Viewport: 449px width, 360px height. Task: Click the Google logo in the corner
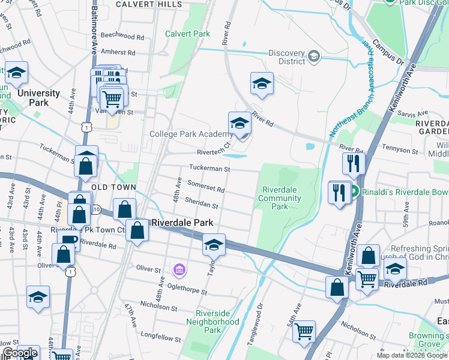pos(20,353)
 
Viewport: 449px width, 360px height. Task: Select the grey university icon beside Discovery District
pos(313,56)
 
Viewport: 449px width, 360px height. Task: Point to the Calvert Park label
pos(188,34)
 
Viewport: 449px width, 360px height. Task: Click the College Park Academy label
pos(190,134)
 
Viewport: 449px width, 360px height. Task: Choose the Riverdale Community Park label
pos(280,198)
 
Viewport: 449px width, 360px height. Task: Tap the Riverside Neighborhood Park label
pos(217,322)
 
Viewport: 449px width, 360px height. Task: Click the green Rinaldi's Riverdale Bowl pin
pos(355,192)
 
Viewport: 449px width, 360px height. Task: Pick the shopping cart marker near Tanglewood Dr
pos(304,331)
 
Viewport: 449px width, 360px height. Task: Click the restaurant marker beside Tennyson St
pos(353,163)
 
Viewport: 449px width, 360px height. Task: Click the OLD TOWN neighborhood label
pos(113,188)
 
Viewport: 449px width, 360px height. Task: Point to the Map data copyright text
pos(412,355)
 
